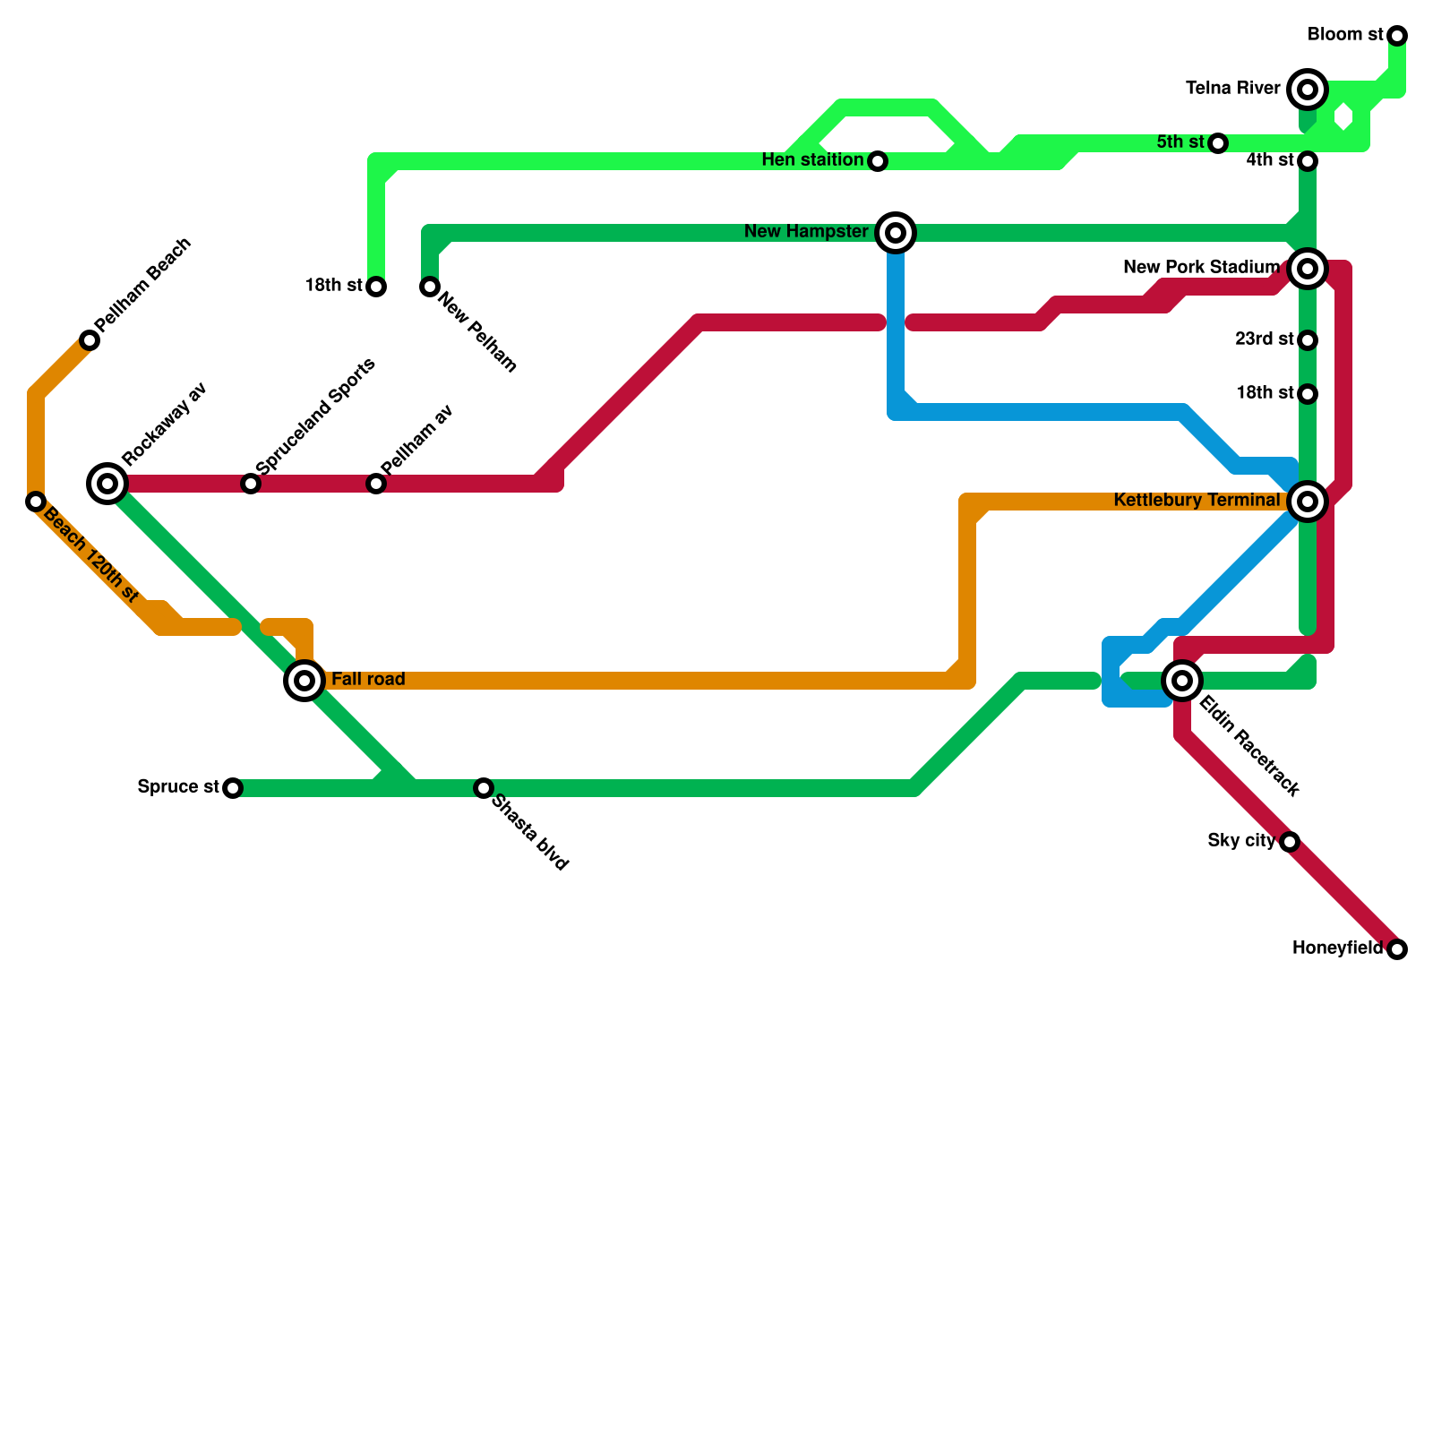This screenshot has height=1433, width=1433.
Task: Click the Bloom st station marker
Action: (1397, 36)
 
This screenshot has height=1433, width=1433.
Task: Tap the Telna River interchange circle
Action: (1308, 90)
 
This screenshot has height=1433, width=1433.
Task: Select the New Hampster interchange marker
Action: (896, 233)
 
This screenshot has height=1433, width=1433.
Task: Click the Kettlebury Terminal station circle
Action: (1308, 502)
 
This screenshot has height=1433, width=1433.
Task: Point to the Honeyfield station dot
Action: (1397, 949)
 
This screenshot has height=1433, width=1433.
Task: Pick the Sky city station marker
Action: (1290, 842)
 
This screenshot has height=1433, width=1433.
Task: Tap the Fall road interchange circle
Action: (305, 681)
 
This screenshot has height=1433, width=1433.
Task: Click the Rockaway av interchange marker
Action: (107, 484)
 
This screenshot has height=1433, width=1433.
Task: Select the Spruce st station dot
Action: (233, 788)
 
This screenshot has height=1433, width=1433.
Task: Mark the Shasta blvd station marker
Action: (484, 788)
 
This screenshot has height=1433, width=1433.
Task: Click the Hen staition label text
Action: (812, 160)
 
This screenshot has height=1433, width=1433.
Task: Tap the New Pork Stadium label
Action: (1201, 267)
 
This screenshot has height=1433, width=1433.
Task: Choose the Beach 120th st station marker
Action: (36, 502)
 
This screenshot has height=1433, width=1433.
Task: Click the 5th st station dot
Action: (1218, 143)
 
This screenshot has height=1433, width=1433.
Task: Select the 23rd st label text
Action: (1264, 339)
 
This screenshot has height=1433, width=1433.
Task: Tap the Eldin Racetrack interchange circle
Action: (1182, 681)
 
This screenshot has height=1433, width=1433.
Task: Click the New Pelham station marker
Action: (430, 287)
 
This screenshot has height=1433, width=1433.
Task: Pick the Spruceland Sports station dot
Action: (251, 484)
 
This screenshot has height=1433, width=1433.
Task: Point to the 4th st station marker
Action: (1308, 161)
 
